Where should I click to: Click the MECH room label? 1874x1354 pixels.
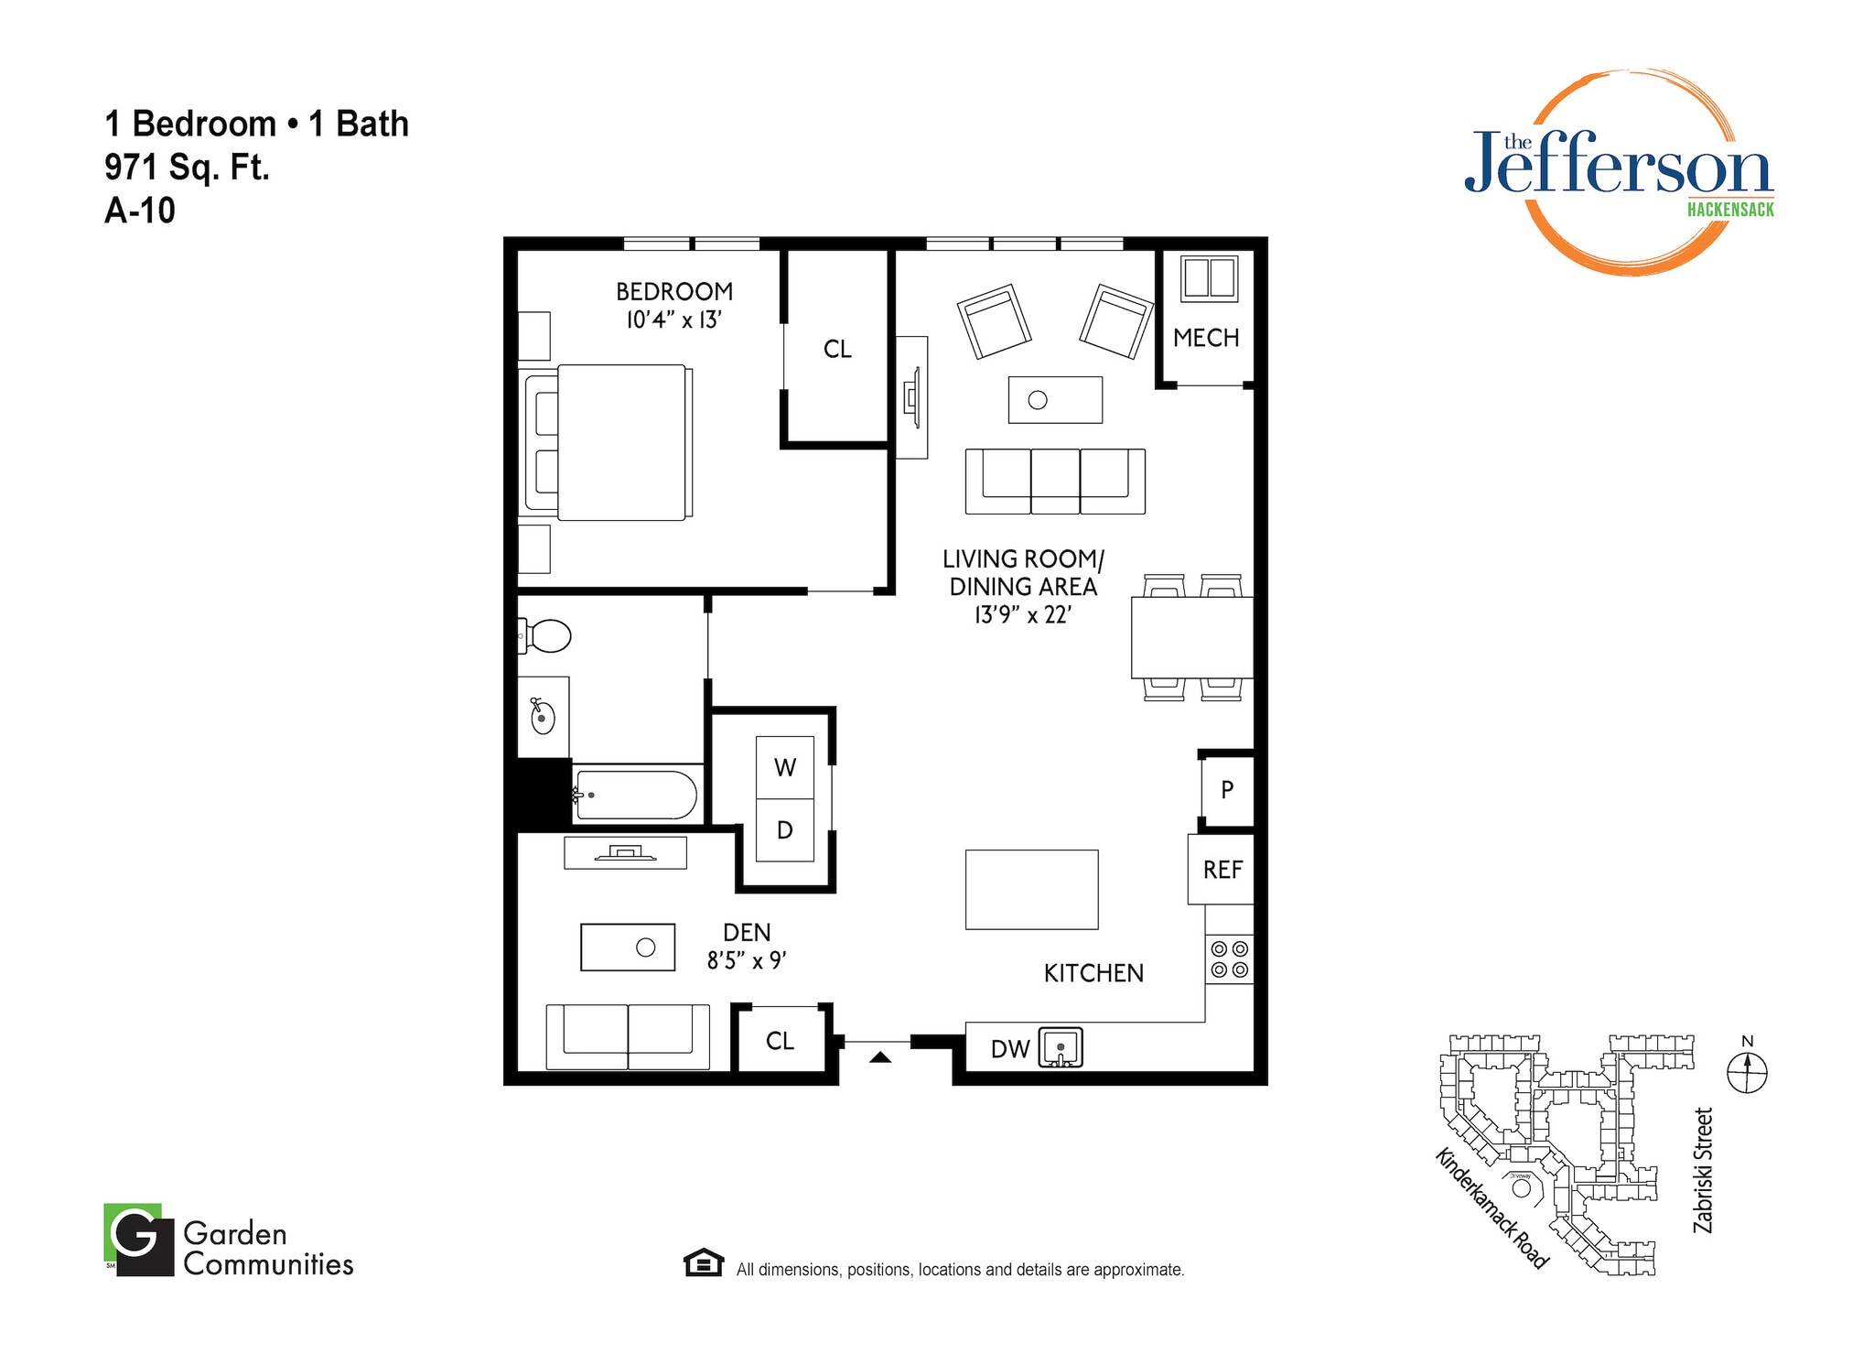[1205, 338]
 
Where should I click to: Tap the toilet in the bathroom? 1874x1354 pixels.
[548, 635]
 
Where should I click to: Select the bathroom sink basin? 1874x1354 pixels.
[543, 717]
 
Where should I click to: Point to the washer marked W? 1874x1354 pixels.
[785, 767]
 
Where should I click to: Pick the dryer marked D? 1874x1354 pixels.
[785, 830]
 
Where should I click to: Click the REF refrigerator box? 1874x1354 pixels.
[1222, 869]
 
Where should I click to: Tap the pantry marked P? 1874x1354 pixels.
[1227, 789]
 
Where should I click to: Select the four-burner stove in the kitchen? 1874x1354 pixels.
[1229, 959]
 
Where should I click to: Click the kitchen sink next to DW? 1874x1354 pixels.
[1061, 1047]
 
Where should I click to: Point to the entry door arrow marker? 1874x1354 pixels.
[879, 1057]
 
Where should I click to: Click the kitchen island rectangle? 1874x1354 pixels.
[1031, 889]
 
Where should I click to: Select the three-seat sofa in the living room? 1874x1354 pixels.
[1055, 481]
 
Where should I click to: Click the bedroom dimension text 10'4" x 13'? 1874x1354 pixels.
[674, 320]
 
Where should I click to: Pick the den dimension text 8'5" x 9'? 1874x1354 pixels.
[747, 960]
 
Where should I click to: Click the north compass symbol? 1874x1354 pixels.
[1746, 1071]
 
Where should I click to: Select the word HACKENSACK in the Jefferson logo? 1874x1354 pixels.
[1729, 210]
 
